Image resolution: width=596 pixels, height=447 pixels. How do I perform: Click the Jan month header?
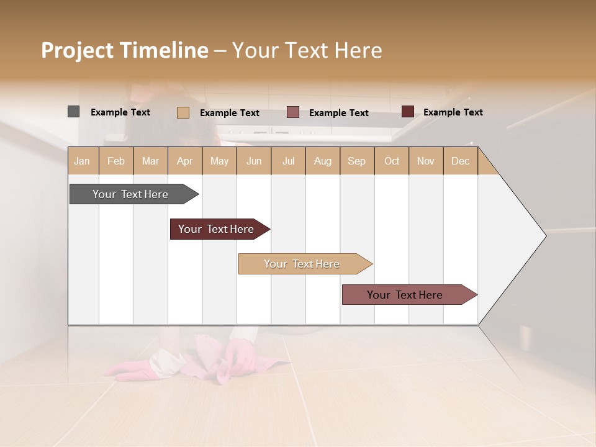click(82, 161)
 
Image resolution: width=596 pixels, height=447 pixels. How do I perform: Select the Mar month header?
click(150, 161)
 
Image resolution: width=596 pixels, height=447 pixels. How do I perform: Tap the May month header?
click(219, 161)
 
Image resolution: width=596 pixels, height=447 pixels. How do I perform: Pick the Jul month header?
click(288, 161)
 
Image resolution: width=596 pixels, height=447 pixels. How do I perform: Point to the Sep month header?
click(356, 161)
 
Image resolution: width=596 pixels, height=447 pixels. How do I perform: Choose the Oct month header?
click(392, 161)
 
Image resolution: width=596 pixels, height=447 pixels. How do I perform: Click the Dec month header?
click(460, 161)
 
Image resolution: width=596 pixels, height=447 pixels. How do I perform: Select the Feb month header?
click(116, 161)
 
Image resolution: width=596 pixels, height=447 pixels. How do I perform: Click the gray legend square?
click(73, 112)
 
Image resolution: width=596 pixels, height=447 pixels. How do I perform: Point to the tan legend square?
click(183, 112)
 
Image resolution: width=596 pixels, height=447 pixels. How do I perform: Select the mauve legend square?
click(293, 112)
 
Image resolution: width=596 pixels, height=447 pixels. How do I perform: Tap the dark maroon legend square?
click(407, 112)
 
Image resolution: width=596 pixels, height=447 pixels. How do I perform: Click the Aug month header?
click(322, 161)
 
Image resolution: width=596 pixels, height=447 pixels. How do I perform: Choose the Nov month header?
click(425, 161)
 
